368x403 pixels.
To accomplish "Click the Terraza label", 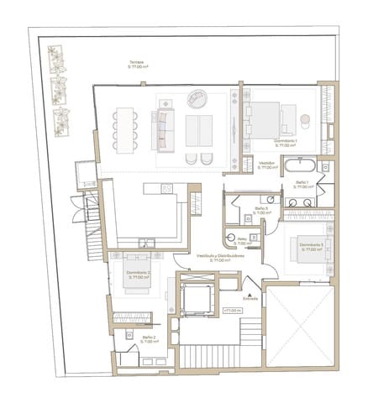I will [136, 64].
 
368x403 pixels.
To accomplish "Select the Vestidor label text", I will [268, 165].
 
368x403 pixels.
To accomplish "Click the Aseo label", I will [243, 241].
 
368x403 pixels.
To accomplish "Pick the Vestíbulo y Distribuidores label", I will [220, 258].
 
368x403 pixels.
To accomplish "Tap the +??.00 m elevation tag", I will [233, 310].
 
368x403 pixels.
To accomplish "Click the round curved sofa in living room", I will [196, 98].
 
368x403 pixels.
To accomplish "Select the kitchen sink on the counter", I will [166, 188].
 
